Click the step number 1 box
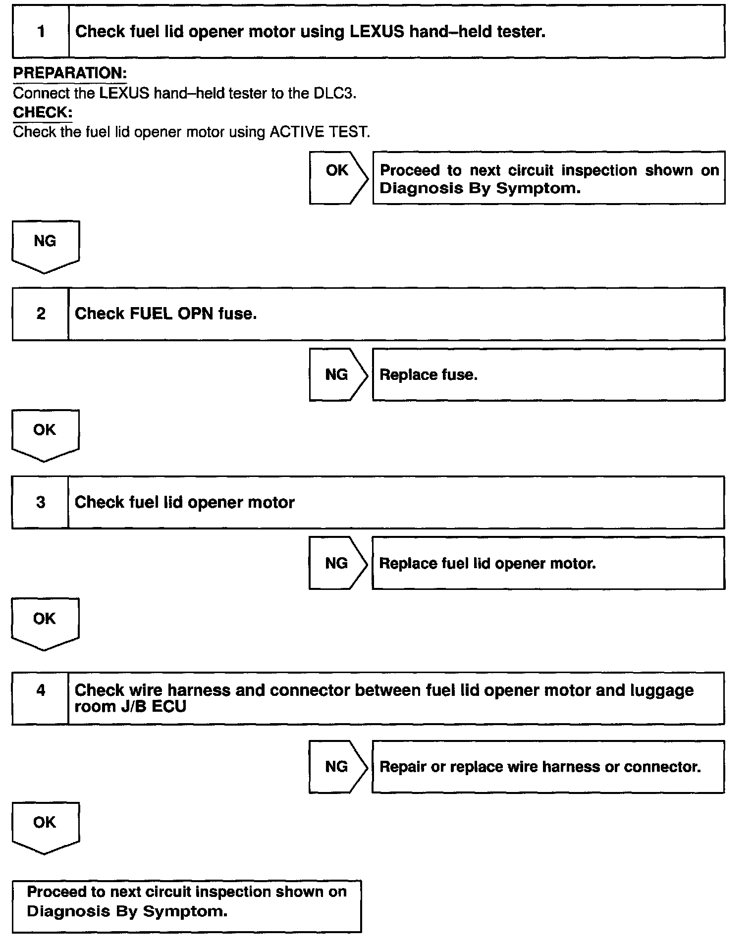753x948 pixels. click(x=41, y=32)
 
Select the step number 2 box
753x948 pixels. click(x=41, y=314)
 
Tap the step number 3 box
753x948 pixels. click(x=41, y=502)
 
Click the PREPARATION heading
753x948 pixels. click(x=70, y=73)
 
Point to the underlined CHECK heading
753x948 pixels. click(x=43, y=112)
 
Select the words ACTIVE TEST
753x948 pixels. click(x=320, y=132)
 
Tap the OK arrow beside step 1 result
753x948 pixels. click(x=338, y=177)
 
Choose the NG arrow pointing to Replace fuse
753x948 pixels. click(x=338, y=374)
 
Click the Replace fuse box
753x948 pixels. click(x=548, y=374)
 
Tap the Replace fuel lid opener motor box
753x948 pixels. click(x=548, y=563)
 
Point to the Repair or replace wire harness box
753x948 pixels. click(x=548, y=767)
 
